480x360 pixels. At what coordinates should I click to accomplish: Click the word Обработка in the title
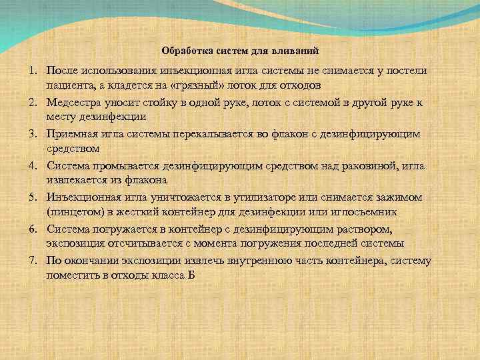coord(183,50)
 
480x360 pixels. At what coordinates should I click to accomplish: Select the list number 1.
coord(31,71)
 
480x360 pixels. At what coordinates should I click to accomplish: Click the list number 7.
coord(31,259)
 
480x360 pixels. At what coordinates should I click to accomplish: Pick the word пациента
coord(67,86)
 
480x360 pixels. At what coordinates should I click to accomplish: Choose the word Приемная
coord(73,134)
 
